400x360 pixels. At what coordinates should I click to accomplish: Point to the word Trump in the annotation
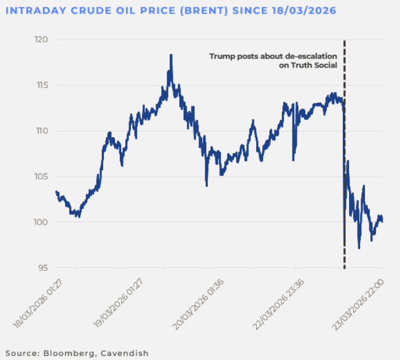coord(221,56)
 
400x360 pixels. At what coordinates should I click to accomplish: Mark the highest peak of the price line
coord(170,55)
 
